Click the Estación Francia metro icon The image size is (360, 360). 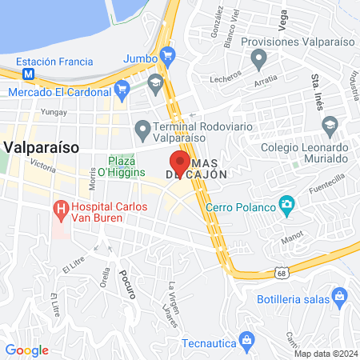(29, 73)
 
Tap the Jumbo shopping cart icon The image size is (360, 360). (167, 55)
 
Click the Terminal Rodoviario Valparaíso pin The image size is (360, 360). (143, 128)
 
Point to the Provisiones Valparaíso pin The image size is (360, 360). (258, 58)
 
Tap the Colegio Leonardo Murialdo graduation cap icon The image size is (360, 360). (329, 125)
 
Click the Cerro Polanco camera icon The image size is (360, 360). (286, 206)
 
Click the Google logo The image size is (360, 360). (27, 350)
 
